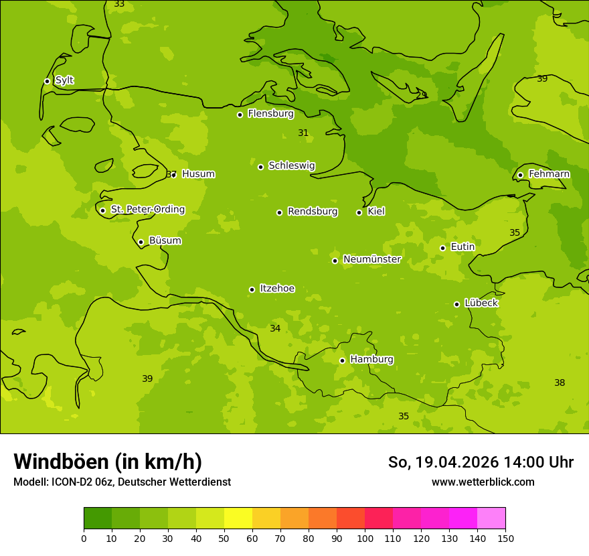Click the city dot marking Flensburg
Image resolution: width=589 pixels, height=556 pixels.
240,115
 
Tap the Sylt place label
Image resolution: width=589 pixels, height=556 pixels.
64,80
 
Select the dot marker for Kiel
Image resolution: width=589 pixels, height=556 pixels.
359,212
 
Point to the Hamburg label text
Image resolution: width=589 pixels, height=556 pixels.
371,359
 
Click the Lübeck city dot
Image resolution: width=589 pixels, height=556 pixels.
456,304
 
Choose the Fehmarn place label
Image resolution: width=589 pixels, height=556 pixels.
549,174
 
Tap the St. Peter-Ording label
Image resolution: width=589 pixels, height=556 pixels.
147,209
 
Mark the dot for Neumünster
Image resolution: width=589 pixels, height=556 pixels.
335,261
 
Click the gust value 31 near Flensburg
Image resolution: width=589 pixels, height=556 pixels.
303,133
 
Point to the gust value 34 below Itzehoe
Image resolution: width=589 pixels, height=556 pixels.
275,328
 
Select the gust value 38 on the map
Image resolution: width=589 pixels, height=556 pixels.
560,383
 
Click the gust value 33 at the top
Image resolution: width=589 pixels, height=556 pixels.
119,4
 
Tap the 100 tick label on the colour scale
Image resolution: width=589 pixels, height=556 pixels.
365,538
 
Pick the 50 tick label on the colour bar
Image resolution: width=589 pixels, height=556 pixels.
224,538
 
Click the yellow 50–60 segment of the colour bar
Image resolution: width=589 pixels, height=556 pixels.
238,518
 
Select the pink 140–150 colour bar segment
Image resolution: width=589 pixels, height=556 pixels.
491,518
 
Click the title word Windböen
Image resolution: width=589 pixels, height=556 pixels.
61,462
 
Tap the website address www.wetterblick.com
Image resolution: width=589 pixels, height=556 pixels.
483,482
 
